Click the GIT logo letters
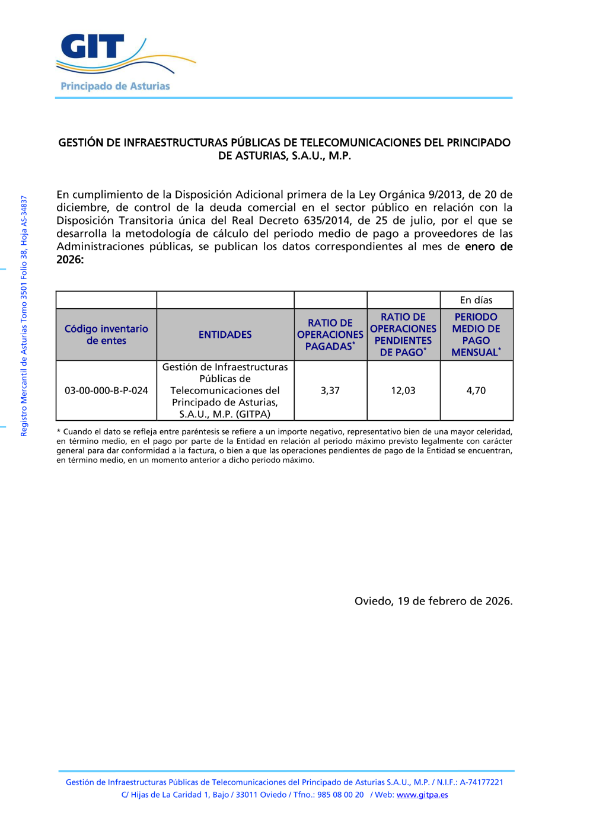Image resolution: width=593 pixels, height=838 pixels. click(x=93, y=46)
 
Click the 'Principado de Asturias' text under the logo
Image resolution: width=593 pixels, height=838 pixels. click(x=115, y=87)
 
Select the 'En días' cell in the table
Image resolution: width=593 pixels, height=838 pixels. click(x=476, y=300)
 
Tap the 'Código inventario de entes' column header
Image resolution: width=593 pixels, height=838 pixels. click(x=106, y=335)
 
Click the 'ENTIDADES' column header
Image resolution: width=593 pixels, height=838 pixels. click(x=225, y=335)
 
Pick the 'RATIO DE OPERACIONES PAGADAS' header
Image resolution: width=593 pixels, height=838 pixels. click(x=330, y=335)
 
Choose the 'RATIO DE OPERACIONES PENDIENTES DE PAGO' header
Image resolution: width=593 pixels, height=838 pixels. click(x=403, y=335)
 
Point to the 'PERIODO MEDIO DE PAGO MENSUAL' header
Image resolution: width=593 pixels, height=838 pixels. click(x=476, y=335)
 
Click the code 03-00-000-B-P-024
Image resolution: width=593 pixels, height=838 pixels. click(x=106, y=391)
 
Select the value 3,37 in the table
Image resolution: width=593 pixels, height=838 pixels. click(x=330, y=391)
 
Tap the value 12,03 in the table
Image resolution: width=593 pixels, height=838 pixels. click(x=403, y=391)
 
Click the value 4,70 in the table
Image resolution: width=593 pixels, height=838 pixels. click(x=476, y=391)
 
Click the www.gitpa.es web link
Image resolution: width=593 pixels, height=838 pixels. click(x=422, y=795)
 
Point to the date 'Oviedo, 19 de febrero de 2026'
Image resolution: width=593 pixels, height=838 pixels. click(x=433, y=601)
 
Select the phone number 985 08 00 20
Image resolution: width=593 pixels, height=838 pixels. click(x=340, y=795)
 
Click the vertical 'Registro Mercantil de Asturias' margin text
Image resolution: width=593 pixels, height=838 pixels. click(x=24, y=316)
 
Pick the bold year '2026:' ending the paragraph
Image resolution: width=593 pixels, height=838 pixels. click(x=70, y=260)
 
